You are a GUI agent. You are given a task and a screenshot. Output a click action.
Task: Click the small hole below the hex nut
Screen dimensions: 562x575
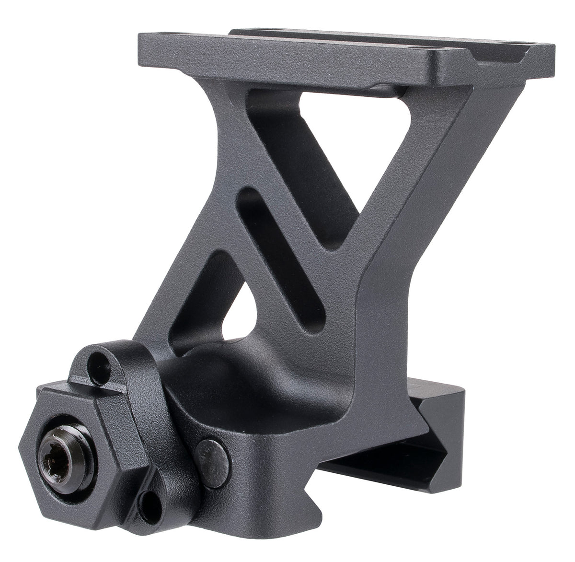point(147,502)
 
